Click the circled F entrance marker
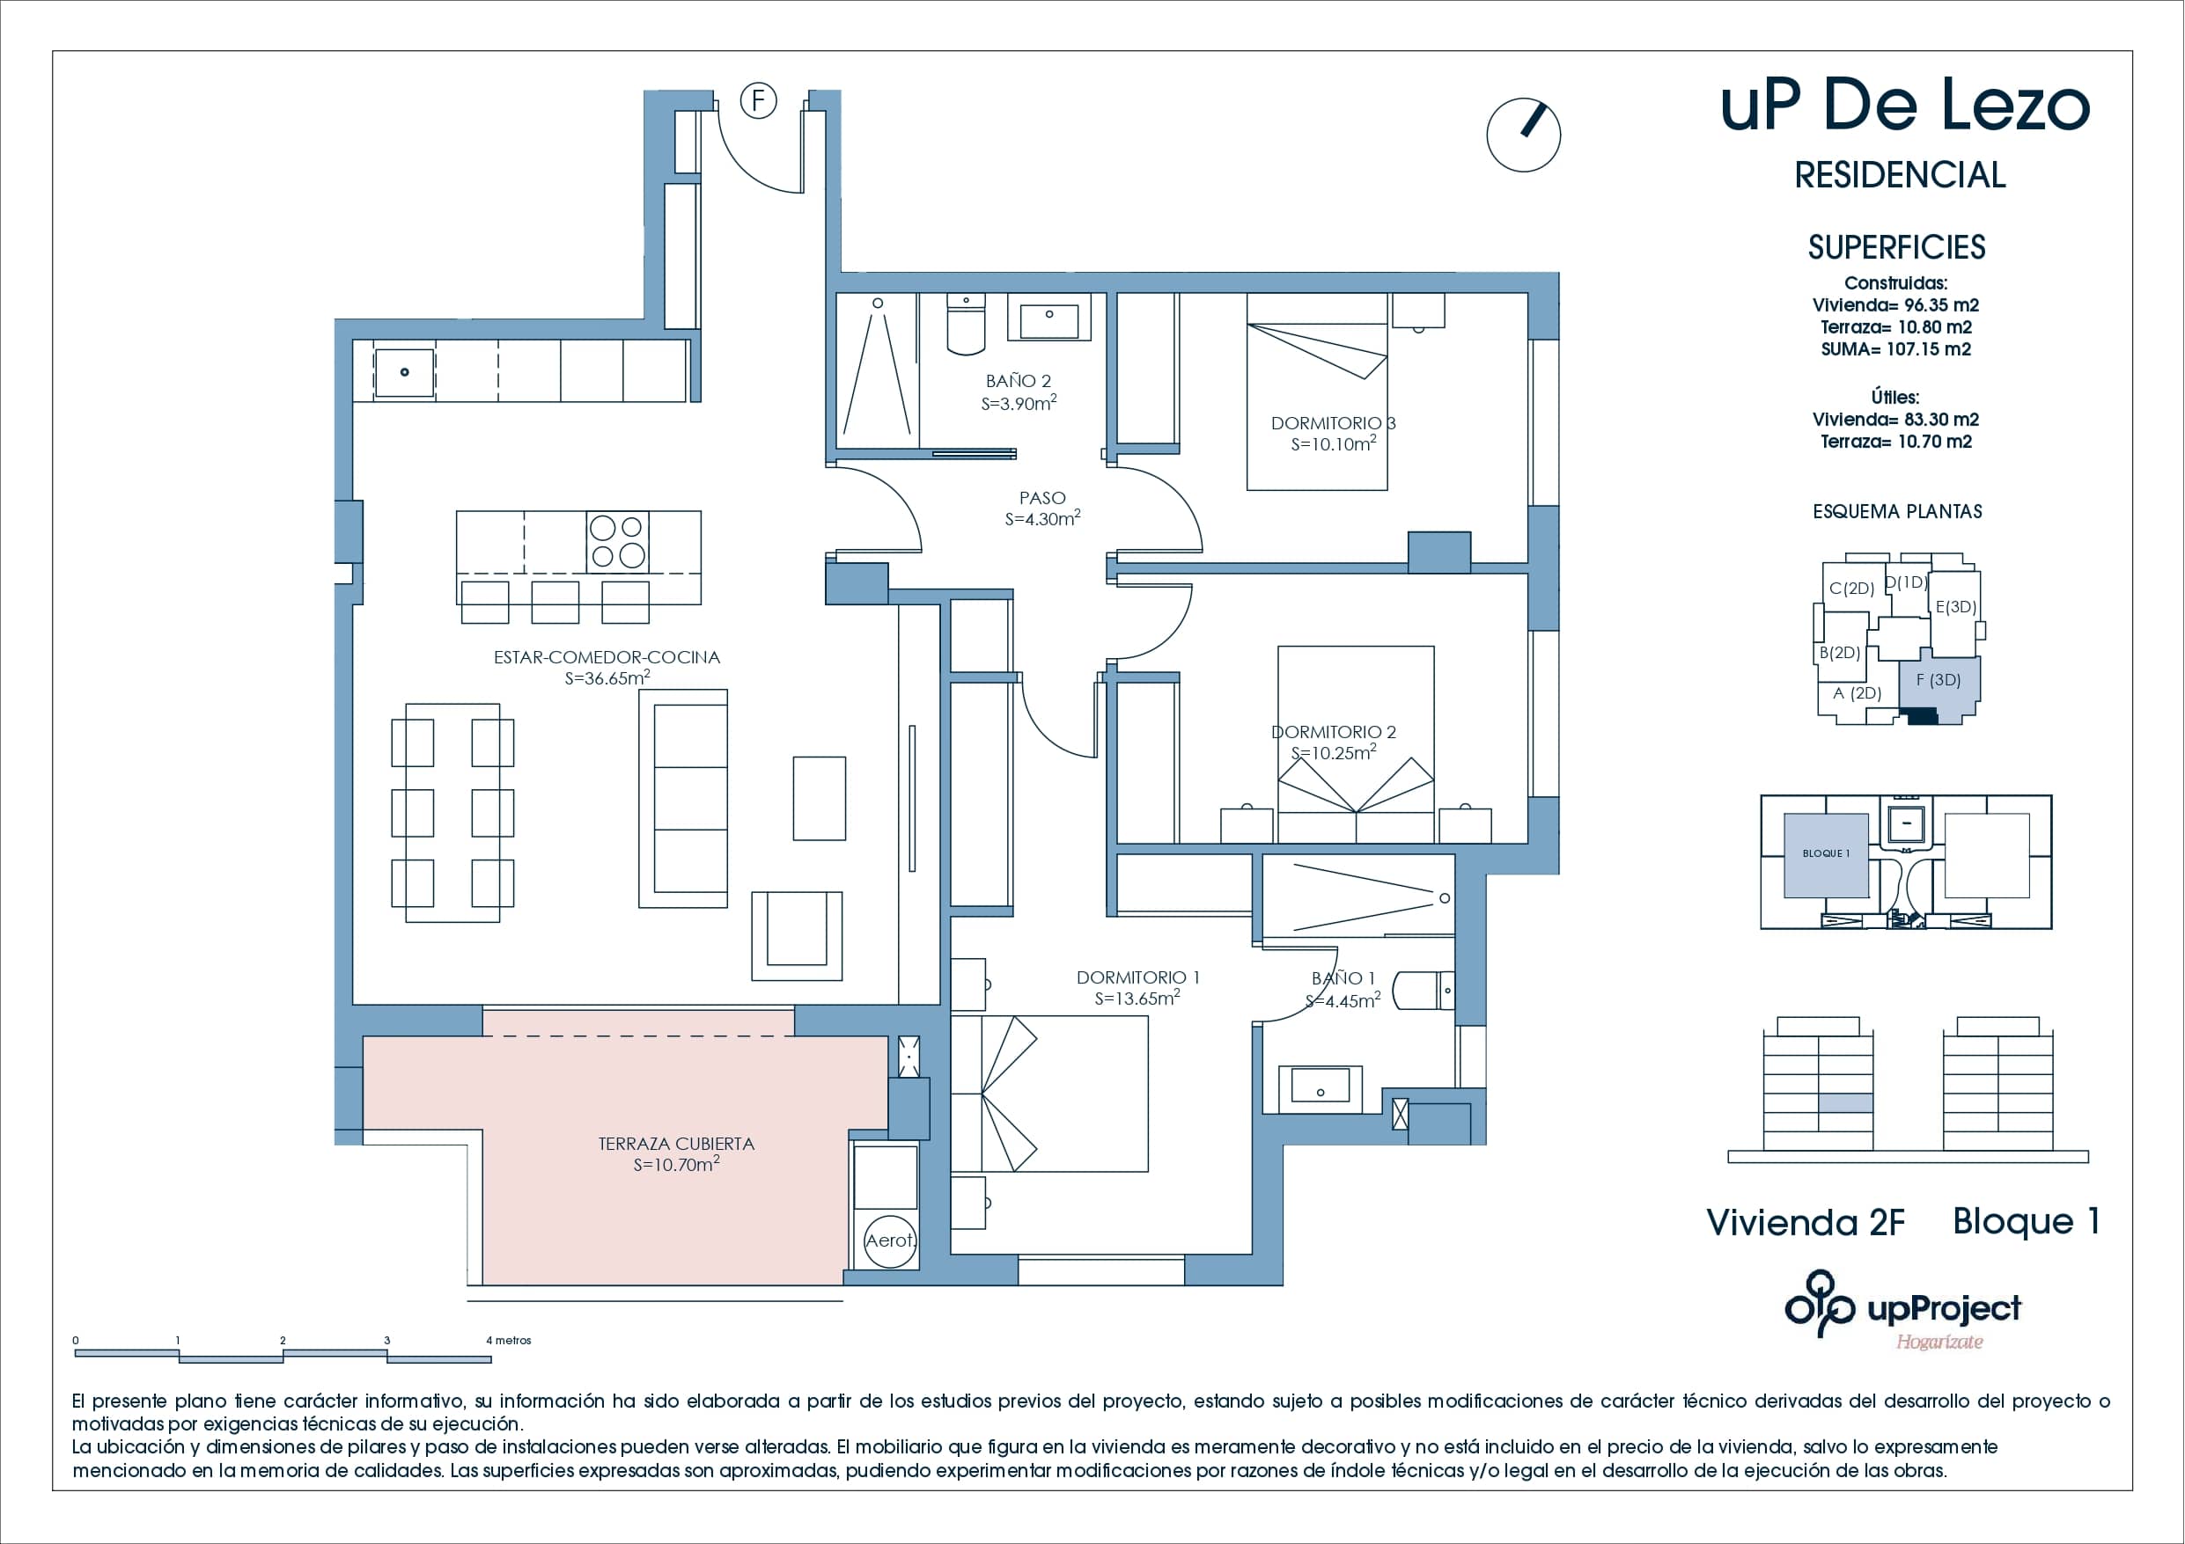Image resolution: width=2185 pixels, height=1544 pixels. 759,100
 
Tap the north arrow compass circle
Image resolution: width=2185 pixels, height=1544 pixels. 1523,135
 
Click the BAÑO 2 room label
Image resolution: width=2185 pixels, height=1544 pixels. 1019,381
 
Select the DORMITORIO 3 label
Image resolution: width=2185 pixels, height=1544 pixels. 1332,422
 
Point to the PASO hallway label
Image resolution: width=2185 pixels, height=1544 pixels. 1042,498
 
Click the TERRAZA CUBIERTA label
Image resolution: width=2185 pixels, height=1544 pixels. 676,1144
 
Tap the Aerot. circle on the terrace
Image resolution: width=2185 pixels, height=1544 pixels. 890,1240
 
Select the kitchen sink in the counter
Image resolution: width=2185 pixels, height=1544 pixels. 404,372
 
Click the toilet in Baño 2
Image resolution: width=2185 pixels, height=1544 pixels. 966,326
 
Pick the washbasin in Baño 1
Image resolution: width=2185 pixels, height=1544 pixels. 1320,1086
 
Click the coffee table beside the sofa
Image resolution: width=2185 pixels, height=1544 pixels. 819,798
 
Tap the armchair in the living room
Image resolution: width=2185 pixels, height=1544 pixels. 797,936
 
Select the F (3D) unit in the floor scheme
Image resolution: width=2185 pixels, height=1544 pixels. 1939,681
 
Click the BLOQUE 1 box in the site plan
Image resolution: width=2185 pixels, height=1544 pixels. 1825,854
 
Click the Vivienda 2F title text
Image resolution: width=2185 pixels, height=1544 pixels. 1806,1223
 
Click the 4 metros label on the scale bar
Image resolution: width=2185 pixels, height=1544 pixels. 509,1341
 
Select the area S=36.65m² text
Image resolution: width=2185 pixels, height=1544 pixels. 607,678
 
